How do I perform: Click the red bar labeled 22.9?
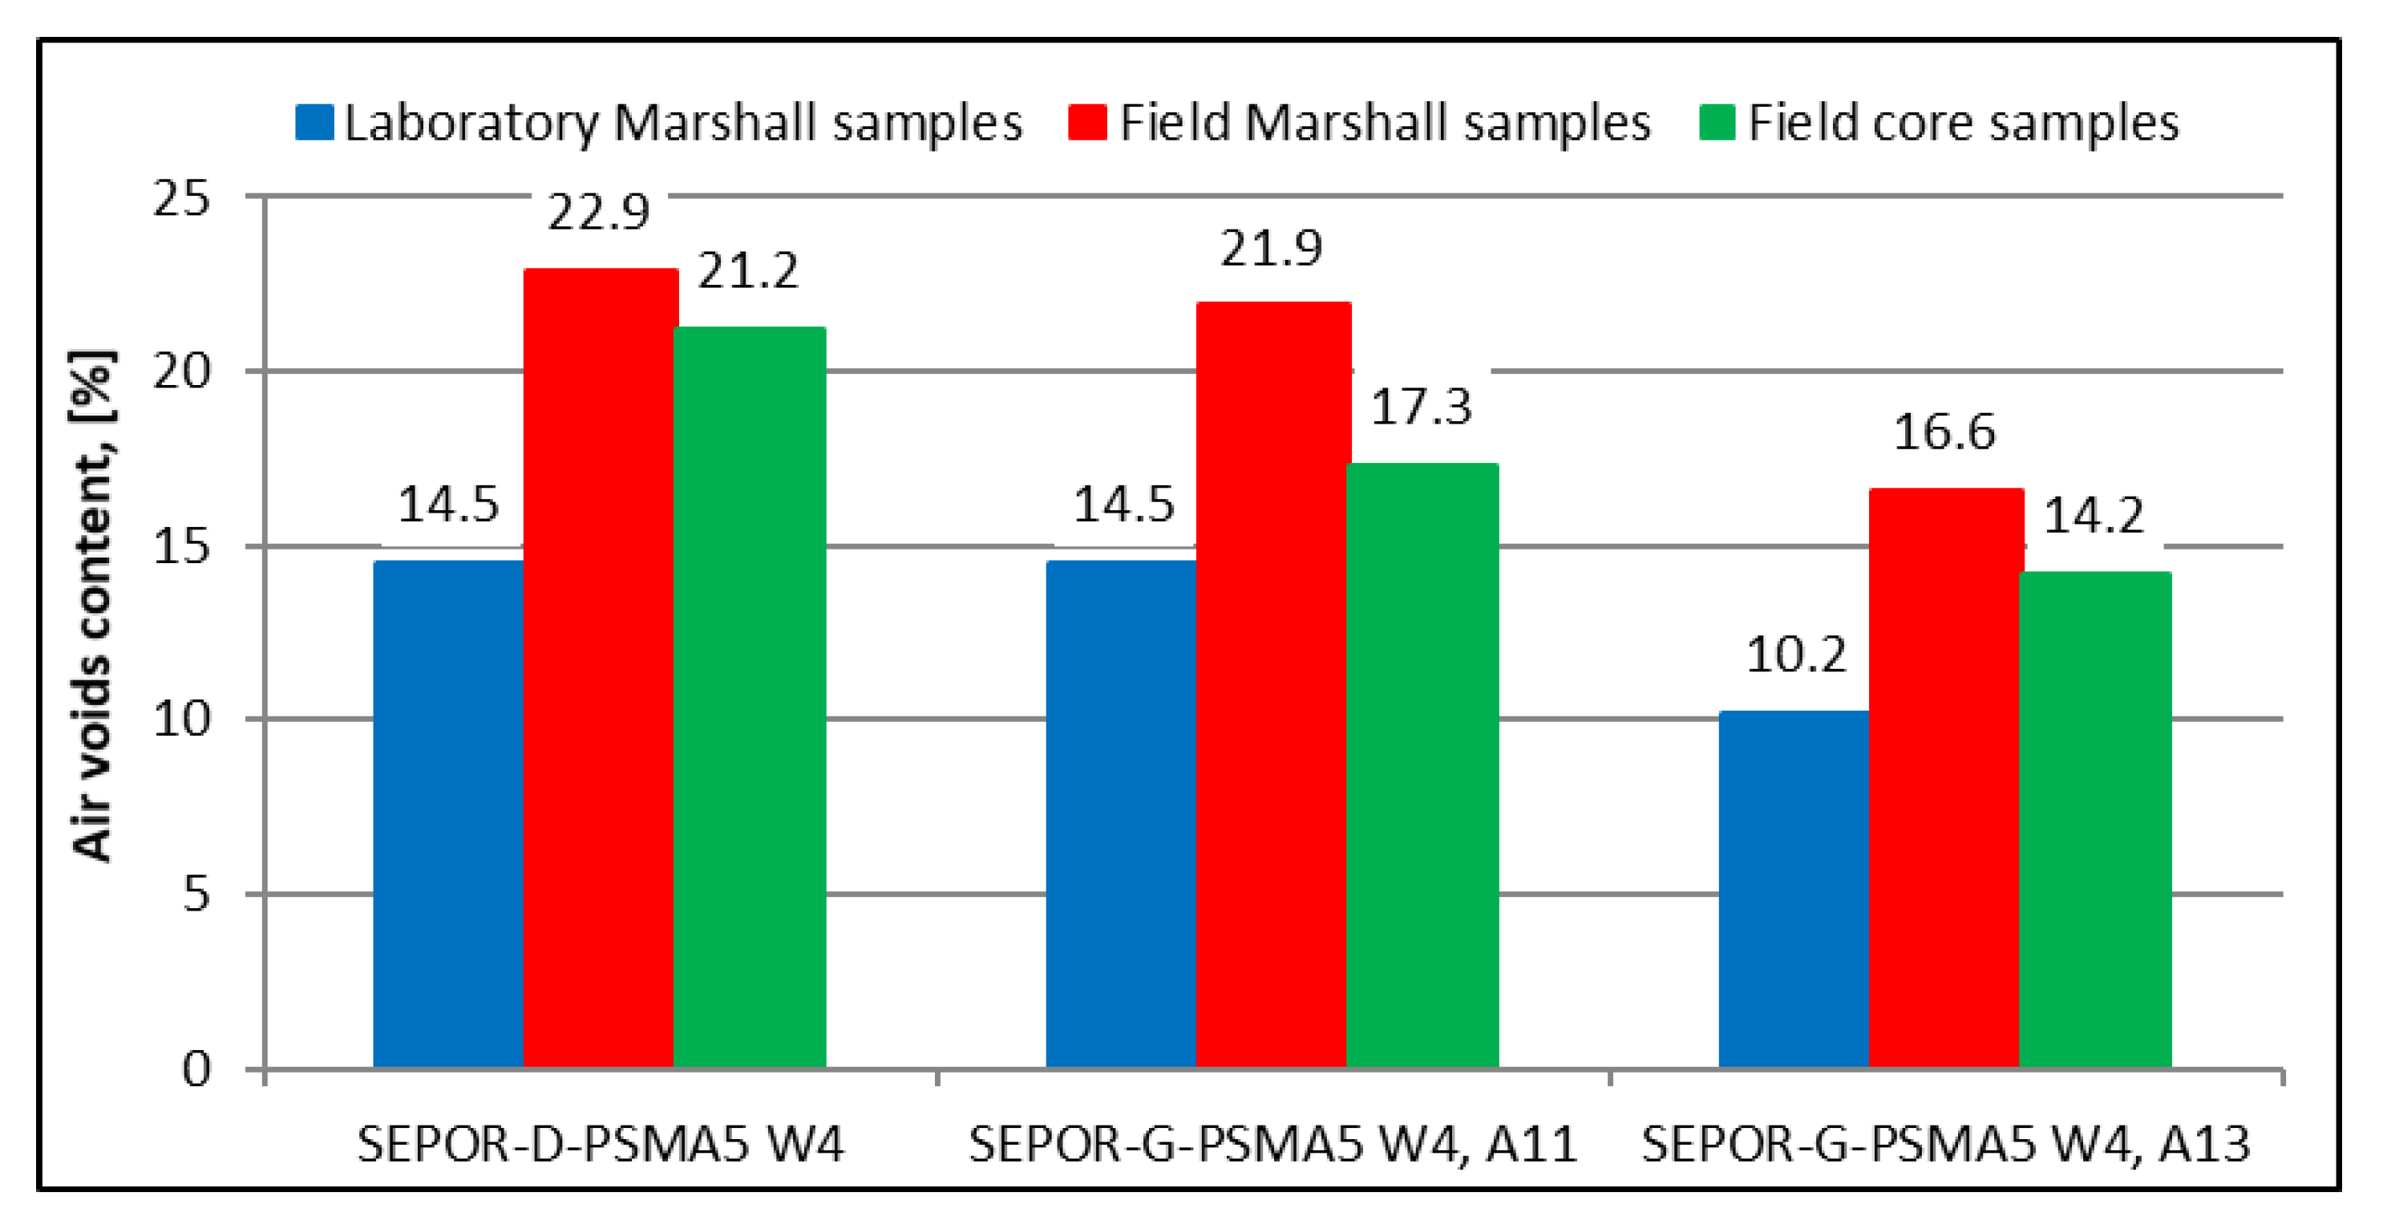(600, 667)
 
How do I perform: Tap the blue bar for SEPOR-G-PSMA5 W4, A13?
(1793, 890)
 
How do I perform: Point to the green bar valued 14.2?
(2095, 819)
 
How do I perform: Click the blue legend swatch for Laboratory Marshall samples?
(314, 124)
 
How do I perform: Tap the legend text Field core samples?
(1963, 124)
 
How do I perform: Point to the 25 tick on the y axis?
(182, 198)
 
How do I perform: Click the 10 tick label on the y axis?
(182, 720)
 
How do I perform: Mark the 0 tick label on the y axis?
(196, 1069)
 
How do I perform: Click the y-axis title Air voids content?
(93, 607)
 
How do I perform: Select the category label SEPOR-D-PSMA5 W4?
(600, 1145)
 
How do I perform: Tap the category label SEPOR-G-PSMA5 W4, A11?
(1272, 1145)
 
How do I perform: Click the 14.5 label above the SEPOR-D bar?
(448, 505)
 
